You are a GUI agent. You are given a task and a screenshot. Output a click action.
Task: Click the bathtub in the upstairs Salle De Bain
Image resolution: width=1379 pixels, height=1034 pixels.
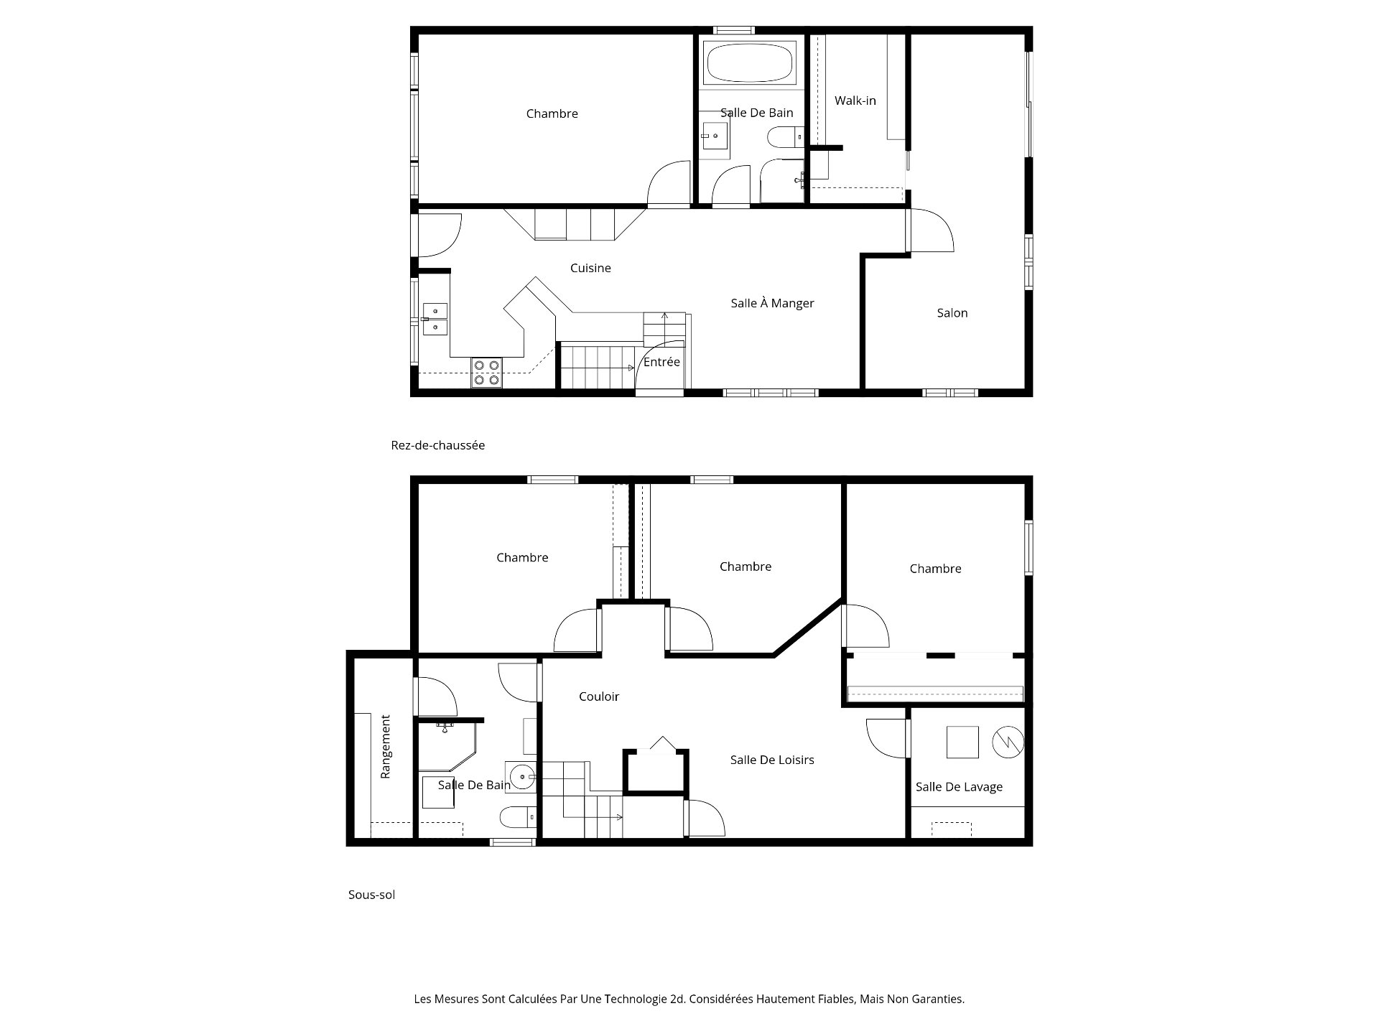[750, 62]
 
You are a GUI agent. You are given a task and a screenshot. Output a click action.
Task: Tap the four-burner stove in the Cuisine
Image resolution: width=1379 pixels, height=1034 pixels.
[486, 373]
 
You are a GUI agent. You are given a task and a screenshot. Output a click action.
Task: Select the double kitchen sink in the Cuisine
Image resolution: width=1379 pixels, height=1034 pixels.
[435, 319]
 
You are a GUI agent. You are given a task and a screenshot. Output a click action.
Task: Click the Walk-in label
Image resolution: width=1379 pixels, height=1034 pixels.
[855, 101]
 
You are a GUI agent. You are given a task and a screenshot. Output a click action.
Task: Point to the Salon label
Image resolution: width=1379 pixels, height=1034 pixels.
[952, 313]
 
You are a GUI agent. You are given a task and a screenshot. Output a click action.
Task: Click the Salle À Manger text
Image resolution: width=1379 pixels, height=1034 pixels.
[772, 303]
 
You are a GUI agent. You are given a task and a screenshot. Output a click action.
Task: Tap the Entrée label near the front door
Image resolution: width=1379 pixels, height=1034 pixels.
[661, 362]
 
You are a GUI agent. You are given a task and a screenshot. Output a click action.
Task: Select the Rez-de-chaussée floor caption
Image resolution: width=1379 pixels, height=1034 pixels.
[437, 445]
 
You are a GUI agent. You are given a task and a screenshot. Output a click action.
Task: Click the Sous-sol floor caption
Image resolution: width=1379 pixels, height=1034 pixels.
[371, 895]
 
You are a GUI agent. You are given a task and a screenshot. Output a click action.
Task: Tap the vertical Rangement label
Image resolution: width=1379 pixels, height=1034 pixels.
[386, 746]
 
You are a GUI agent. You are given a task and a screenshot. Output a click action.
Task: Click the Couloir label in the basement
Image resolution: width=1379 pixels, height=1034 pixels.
[598, 697]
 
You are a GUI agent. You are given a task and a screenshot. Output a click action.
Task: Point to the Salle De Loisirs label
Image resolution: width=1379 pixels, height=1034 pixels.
[771, 760]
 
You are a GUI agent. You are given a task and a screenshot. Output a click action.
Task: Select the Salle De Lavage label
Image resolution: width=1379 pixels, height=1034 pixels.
[958, 787]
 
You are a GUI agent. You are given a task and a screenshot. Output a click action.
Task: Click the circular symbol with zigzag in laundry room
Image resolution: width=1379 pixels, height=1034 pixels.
[1008, 742]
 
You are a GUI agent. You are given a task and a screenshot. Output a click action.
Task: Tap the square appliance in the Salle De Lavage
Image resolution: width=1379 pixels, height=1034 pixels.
[962, 742]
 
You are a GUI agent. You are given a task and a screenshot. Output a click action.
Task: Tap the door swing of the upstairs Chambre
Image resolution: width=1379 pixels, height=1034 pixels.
[668, 185]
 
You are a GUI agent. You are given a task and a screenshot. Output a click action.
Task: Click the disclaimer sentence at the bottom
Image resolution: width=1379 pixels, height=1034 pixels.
[689, 999]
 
